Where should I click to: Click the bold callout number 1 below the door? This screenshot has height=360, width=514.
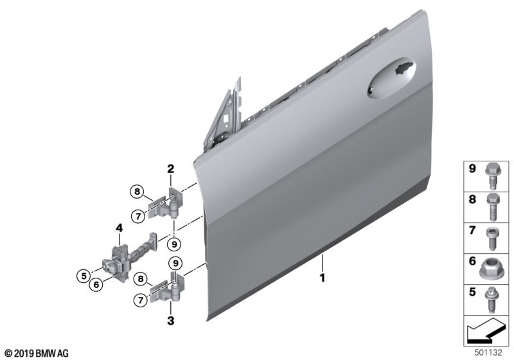coord(323,278)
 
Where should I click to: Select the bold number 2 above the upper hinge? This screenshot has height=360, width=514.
coord(171,169)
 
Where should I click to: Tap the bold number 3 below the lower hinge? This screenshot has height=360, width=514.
coord(171,321)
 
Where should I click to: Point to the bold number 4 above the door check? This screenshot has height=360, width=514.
coord(119,228)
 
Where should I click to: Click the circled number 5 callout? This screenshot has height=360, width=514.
coord(84,276)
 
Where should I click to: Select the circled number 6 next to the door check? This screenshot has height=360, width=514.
coord(96,284)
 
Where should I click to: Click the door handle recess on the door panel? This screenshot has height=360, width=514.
coord(391,78)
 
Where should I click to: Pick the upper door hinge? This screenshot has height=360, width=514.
coord(166,203)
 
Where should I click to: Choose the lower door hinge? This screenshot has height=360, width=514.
coord(166,288)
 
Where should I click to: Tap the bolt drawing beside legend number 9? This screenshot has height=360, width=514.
coord(492,176)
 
